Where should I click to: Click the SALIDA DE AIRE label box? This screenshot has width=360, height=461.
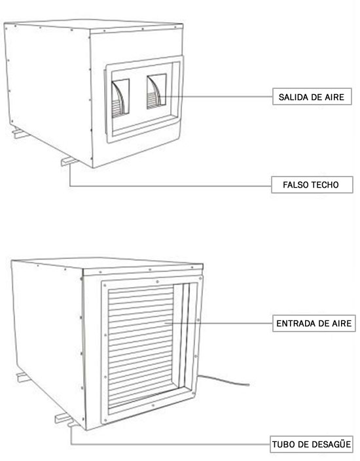click(x=312, y=96)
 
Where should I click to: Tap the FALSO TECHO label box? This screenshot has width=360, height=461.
click(x=312, y=184)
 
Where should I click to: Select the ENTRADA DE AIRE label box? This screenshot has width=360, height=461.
click(x=314, y=324)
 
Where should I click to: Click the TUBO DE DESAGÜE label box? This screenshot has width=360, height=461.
click(x=312, y=444)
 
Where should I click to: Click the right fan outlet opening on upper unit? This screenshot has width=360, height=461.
click(x=156, y=91)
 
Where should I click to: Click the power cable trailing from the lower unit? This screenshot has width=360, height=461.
click(x=224, y=380)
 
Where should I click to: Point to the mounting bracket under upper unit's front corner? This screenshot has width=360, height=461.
click(x=69, y=161)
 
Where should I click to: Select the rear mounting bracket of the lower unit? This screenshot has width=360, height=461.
click(x=24, y=377)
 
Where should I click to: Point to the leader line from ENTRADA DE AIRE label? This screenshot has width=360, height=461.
click(x=219, y=324)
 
